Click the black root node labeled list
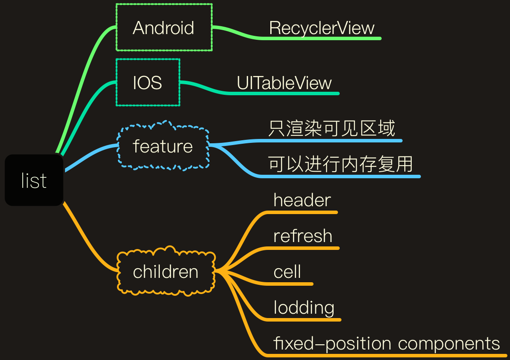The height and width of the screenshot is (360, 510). point(34,180)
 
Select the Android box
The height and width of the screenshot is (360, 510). point(164,28)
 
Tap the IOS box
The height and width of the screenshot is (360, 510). point(148,83)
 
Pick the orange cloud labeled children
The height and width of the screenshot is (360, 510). point(165,272)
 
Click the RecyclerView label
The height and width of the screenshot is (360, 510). point(322,28)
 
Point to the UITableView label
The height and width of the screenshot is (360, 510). point(284,83)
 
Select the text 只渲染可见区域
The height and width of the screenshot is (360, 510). point(332,128)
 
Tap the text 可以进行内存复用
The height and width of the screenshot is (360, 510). point(341,164)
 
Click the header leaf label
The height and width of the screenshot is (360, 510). point(302,200)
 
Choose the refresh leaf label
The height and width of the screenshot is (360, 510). point(303,236)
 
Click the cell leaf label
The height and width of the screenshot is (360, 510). point(287,272)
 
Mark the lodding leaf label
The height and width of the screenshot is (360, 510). point(304,308)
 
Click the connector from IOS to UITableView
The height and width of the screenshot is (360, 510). point(205,88)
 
